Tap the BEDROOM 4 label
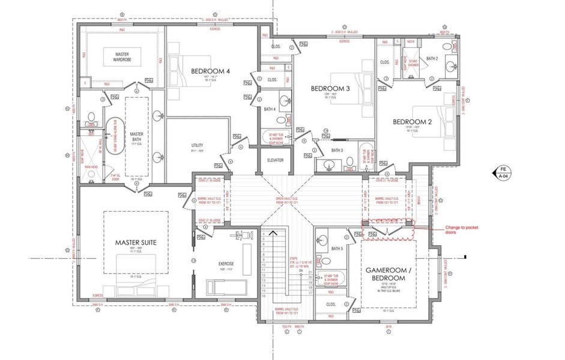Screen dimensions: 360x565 [x=210, y=71]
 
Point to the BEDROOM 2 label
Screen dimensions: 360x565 [x=412, y=122]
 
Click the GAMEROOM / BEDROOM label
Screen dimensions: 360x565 [x=389, y=275]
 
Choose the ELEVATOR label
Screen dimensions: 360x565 [x=275, y=160]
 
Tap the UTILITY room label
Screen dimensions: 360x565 [x=198, y=146]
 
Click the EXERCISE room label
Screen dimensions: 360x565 [x=226, y=264]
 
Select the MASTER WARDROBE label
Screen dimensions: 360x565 [x=122, y=58]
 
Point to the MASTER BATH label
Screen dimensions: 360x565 [x=136, y=137]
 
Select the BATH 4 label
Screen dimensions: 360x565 [x=270, y=109]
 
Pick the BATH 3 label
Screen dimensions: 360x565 [x=337, y=150]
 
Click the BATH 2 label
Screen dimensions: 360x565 [x=432, y=58]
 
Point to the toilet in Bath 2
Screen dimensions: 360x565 [x=447, y=47]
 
